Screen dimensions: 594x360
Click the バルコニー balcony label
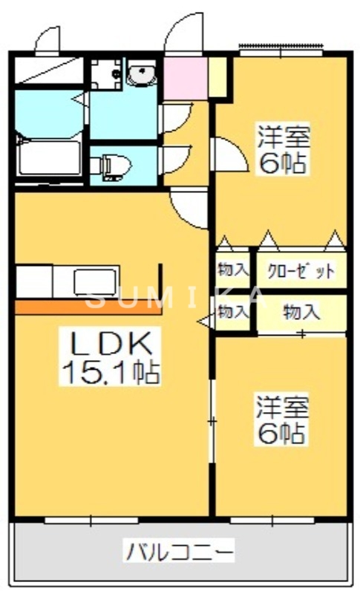click(x=179, y=552)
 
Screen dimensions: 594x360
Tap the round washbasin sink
click(x=140, y=74)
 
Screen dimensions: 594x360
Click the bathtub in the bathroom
click(x=49, y=157)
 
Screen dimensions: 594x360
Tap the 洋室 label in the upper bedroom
click(x=282, y=137)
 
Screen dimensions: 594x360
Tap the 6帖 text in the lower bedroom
click(x=281, y=433)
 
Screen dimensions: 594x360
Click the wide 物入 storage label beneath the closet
click(x=301, y=313)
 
